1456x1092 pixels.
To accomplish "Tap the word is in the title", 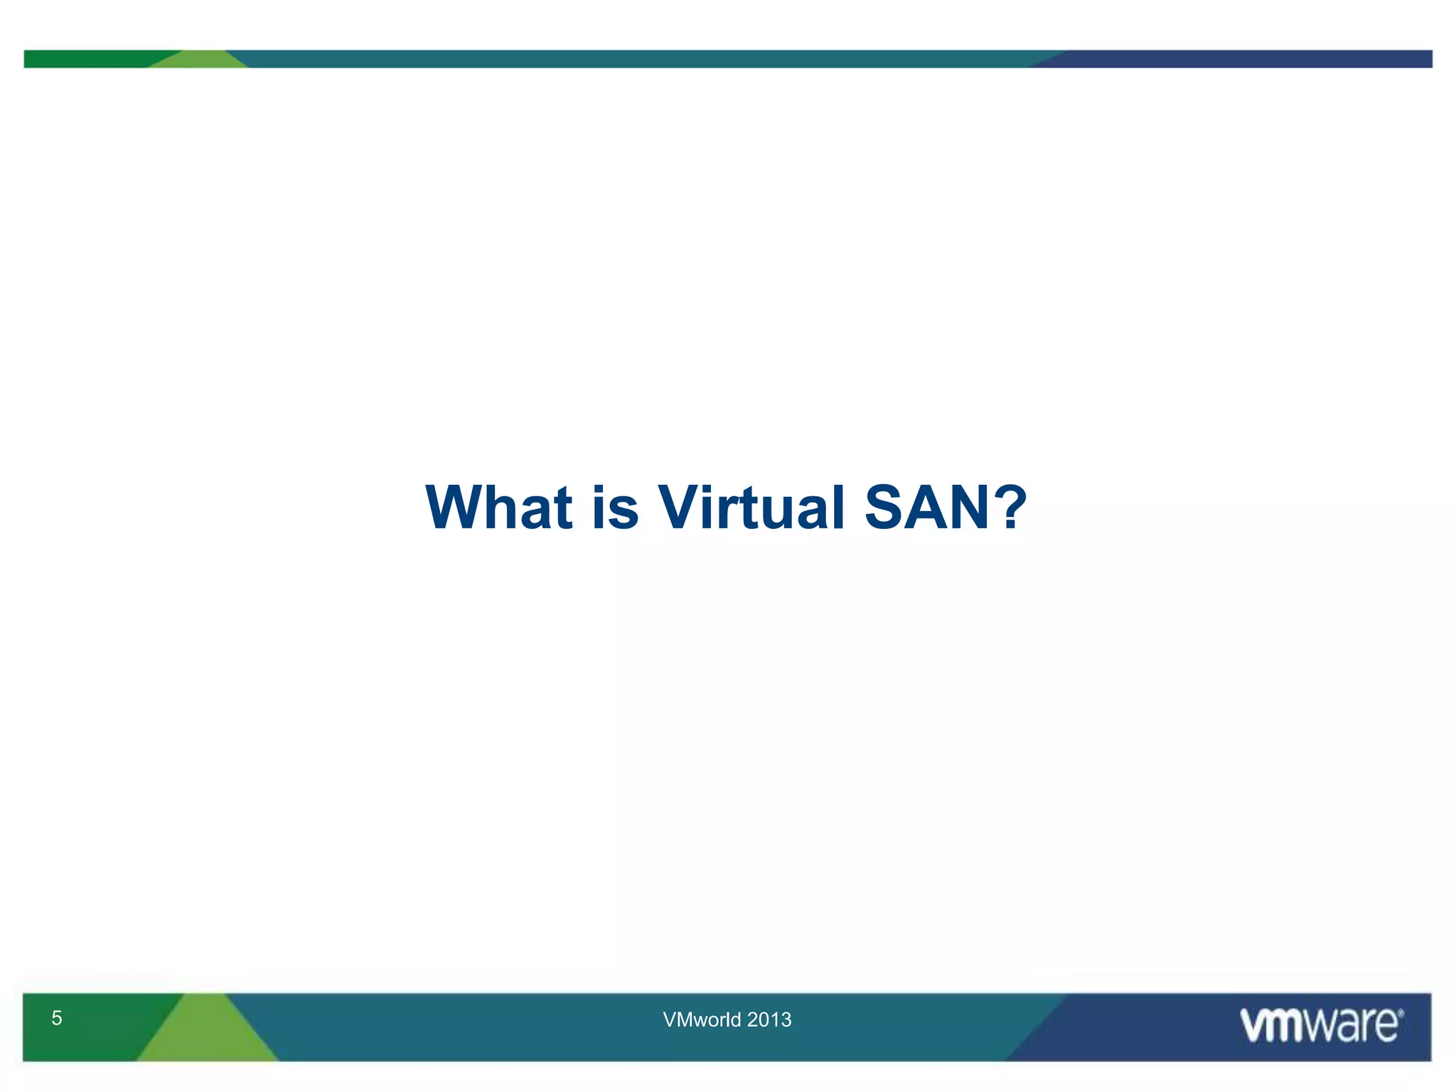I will (x=616, y=507).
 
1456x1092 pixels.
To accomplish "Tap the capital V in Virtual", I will (x=682, y=507).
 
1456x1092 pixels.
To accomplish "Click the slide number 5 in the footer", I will (x=57, y=1018).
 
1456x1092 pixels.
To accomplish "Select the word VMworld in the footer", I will (x=702, y=1019).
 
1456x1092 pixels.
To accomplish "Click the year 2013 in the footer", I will (x=769, y=1019).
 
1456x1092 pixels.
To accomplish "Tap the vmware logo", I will (x=1321, y=1025).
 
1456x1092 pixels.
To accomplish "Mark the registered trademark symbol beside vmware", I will (x=1401, y=1012).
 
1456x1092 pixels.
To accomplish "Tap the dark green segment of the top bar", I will (x=85, y=59).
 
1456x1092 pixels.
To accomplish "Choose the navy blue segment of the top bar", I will (x=1244, y=59).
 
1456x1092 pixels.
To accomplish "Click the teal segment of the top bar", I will (x=640, y=59).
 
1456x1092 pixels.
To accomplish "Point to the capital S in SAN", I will (x=889, y=507).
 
